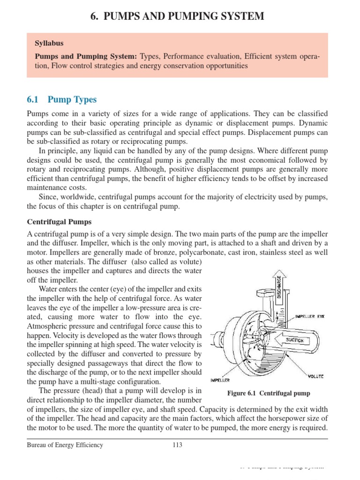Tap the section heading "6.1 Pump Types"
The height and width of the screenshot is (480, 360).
pos(62,100)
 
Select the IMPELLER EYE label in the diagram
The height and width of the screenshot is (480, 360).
pos(310,316)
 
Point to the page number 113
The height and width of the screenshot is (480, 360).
pos(178,445)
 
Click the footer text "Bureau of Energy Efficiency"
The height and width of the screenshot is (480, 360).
pos(65,445)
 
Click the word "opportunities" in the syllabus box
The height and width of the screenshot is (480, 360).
pos(225,66)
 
